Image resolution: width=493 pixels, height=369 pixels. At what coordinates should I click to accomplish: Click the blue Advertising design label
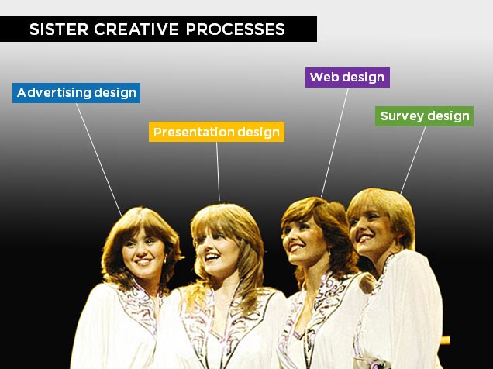77,93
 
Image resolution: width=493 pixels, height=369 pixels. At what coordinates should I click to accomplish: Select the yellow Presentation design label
216,132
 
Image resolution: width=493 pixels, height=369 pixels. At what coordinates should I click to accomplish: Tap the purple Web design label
347,78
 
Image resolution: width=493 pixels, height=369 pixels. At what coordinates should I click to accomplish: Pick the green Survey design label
424,116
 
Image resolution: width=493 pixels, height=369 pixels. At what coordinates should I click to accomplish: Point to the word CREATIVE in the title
136,29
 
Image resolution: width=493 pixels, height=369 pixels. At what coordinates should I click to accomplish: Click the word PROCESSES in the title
235,29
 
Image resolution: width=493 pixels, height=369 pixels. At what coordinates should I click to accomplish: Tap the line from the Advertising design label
98,160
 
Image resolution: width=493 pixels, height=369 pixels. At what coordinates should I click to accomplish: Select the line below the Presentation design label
218,171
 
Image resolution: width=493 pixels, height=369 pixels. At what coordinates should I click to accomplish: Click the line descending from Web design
335,143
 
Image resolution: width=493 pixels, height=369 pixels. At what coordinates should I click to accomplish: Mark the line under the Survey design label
413,160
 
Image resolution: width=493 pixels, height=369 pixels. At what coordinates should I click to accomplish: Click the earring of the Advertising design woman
165,260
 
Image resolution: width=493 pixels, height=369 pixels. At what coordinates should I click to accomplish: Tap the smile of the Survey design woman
365,239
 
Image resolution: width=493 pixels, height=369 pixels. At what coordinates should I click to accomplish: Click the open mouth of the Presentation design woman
212,257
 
